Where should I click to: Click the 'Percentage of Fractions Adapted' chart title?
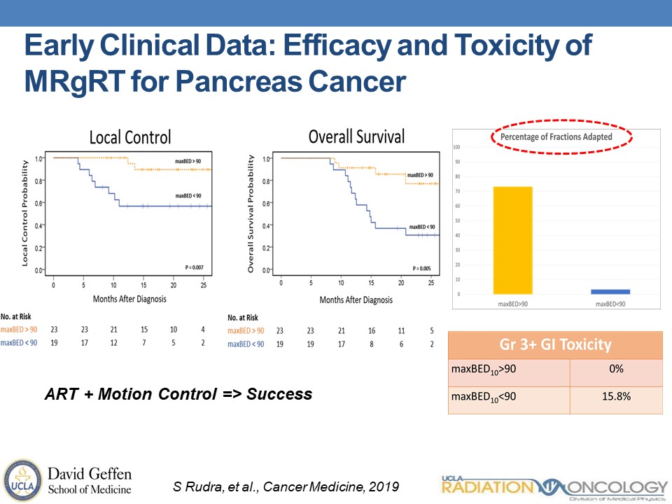[556, 136]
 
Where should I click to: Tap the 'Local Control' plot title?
[129, 137]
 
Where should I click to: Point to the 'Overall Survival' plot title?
[356, 136]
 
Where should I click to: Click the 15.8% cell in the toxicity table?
[615, 396]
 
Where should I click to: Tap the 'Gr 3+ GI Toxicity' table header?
[555, 344]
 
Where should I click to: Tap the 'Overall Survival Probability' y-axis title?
[251, 213]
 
